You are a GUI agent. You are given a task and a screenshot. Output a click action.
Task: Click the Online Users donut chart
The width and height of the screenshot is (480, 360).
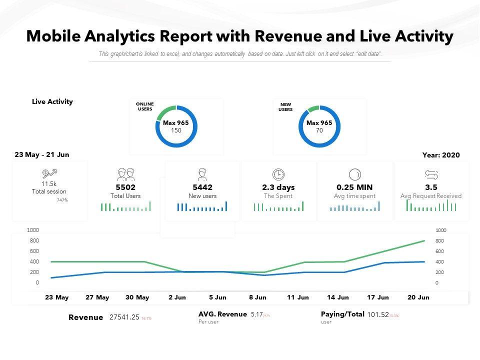[x=176, y=126]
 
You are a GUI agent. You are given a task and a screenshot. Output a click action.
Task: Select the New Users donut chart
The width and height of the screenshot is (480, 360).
[x=319, y=126]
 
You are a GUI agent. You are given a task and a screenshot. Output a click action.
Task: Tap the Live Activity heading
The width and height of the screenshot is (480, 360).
[x=52, y=101]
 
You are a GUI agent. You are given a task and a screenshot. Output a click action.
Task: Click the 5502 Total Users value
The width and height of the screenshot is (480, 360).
[x=125, y=187]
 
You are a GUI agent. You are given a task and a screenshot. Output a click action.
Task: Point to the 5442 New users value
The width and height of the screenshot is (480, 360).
[x=202, y=187]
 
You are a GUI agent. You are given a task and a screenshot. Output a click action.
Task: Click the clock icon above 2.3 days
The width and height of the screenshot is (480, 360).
[x=278, y=174]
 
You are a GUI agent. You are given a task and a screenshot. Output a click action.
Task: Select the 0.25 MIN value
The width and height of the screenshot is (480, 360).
[x=354, y=187]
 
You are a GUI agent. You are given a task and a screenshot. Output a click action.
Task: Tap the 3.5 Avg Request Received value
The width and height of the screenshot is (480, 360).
[x=431, y=187]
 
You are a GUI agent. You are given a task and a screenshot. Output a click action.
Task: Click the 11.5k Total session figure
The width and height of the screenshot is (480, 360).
[x=49, y=184]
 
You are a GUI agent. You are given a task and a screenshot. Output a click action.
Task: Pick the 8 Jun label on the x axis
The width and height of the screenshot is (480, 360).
[x=257, y=297]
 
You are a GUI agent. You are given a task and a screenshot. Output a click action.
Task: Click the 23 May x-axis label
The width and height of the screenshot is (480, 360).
[x=56, y=297]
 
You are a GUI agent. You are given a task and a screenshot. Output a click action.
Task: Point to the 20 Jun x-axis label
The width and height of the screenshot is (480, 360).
[x=418, y=297]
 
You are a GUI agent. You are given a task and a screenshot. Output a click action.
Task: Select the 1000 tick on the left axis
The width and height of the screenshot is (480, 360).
[x=33, y=230]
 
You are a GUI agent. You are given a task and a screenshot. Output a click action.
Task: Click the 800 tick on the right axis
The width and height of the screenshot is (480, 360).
[x=440, y=240]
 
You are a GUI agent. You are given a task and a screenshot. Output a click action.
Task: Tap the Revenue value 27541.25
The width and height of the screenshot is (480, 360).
[x=124, y=317]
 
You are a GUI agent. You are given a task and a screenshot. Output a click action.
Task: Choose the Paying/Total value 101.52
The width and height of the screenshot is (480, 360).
[x=377, y=315]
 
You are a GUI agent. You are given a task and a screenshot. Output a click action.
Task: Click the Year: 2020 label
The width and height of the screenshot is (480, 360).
[x=441, y=155]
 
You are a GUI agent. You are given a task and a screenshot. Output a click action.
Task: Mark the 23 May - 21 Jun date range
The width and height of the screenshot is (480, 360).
[x=42, y=154]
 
